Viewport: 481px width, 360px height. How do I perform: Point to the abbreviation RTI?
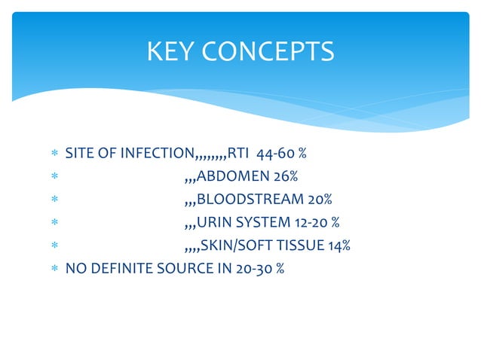pos(238,154)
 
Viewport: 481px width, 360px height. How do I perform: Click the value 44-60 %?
pos(281,154)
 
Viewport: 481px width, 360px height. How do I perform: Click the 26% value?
pos(286,177)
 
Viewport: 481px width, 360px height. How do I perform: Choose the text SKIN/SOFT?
pos(232,246)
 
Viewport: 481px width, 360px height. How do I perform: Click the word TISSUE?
pos(299,246)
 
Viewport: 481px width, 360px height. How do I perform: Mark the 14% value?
pos(339,246)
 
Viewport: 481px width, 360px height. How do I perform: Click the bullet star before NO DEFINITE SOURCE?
pos(54,269)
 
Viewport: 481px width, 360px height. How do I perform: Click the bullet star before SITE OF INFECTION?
pos(54,155)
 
